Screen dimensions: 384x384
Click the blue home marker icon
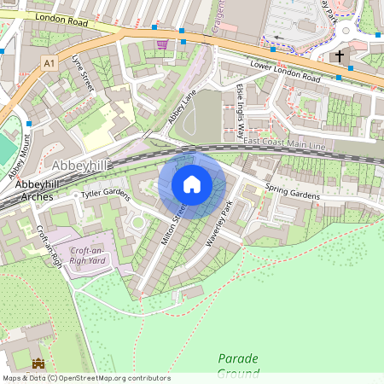tap(192, 184)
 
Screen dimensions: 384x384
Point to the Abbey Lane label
tap(182, 106)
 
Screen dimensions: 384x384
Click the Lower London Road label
tap(285, 72)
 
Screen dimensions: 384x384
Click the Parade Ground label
tap(237, 365)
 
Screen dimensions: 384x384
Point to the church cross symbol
tap(339, 56)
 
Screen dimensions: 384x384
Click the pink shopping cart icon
tap(161, 44)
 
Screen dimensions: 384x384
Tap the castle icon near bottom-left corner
tap(38, 364)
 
